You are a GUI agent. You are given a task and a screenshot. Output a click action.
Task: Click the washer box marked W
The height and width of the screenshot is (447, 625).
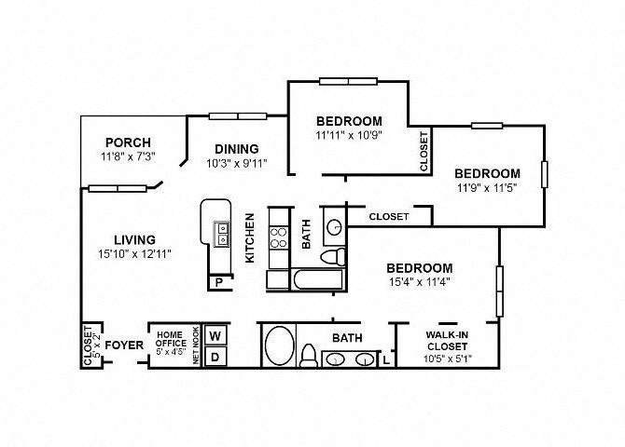point(215,335)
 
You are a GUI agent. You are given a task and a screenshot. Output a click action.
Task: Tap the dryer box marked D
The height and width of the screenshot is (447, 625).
point(215,357)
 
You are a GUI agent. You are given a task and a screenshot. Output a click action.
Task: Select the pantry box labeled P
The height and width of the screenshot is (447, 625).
point(219,282)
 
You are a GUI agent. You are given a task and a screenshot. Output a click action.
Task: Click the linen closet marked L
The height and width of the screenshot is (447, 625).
point(386,360)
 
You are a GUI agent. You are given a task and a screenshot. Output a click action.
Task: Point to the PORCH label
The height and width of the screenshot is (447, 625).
point(128,142)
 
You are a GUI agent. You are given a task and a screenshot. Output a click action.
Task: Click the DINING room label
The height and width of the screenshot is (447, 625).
point(237,149)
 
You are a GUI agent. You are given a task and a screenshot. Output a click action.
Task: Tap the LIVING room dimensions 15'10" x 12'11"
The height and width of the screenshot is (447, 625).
point(134,254)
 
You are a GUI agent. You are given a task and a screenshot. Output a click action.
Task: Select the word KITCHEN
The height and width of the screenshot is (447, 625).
point(249,238)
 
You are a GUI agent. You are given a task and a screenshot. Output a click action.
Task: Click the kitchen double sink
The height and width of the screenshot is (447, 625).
point(221,234)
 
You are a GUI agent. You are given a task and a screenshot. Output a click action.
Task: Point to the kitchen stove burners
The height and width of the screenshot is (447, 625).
point(278,237)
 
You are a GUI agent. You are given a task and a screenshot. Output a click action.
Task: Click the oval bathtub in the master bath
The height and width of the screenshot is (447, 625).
point(280,345)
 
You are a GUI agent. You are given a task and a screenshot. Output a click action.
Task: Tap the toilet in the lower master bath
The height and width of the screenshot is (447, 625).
point(308,356)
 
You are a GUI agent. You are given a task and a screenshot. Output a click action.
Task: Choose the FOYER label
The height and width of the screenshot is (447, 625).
point(124,345)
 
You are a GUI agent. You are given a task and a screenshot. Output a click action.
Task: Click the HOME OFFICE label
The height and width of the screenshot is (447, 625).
point(171,339)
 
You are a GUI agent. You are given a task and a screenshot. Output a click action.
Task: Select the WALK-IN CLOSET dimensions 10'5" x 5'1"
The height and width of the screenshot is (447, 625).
point(447,359)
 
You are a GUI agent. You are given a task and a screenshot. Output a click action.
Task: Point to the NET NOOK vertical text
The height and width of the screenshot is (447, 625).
point(196,345)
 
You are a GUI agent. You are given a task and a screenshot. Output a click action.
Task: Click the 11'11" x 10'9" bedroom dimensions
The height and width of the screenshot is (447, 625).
point(349,135)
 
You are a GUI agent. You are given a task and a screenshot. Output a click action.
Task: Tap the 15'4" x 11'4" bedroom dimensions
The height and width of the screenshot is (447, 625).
point(420,282)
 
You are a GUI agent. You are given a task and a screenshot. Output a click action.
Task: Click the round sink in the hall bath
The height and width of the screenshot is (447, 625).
point(335,227)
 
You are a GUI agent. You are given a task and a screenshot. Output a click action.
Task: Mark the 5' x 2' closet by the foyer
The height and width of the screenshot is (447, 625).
point(91,345)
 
